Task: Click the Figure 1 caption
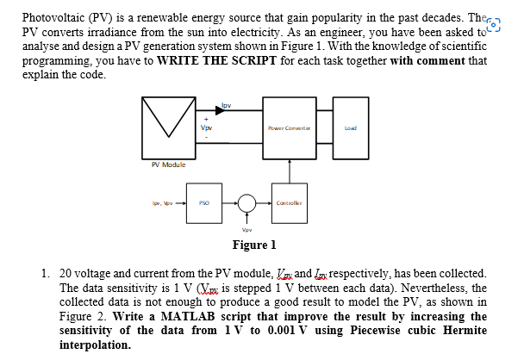click(261, 244)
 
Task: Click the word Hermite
click(462, 330)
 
